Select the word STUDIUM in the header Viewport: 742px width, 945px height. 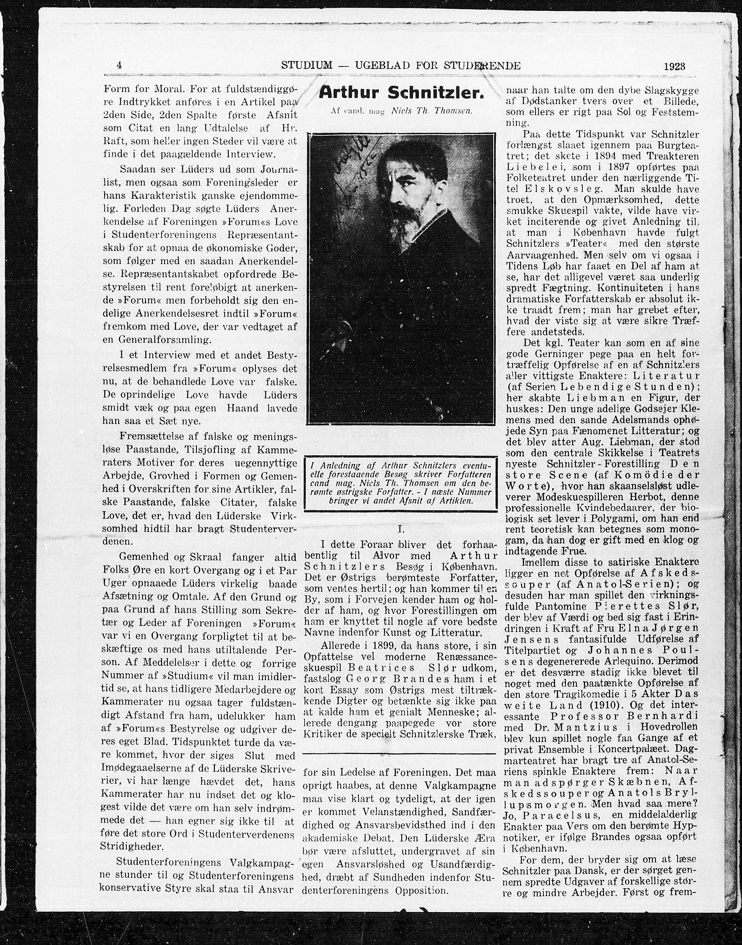307,66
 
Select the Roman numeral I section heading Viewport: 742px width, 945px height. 401,529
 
